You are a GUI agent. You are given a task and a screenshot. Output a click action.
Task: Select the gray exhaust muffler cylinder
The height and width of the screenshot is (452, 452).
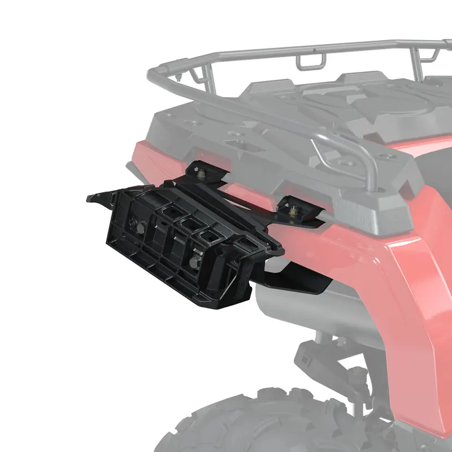point(316,316)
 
